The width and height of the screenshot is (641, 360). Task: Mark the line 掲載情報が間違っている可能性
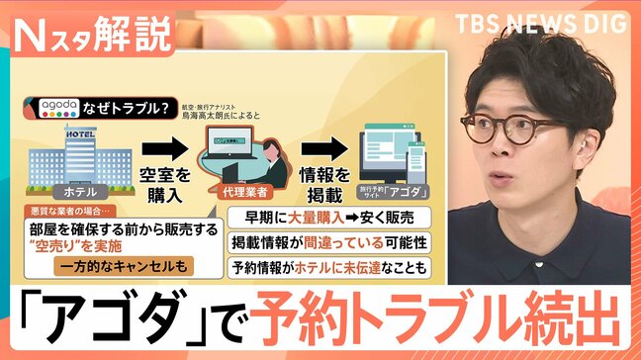(x=327, y=241)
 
